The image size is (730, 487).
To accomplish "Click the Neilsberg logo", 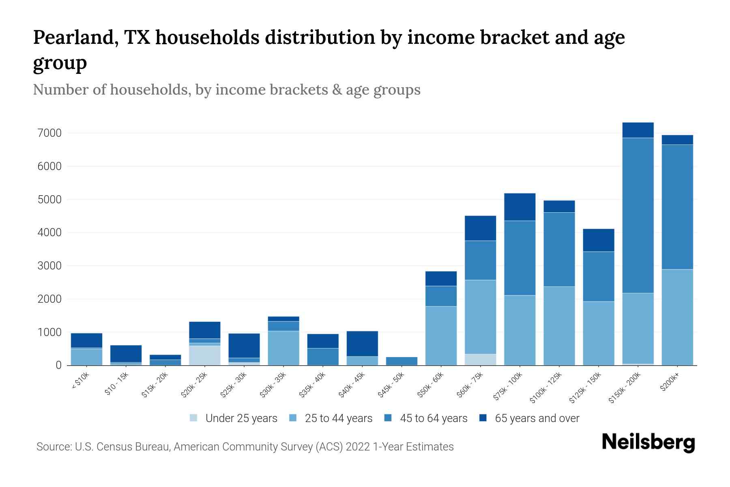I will (648, 442).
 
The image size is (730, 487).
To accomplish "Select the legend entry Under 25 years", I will (241, 418).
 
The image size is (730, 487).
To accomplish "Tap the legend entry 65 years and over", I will (537, 418).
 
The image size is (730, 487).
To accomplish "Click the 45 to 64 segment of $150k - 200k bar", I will (638, 215).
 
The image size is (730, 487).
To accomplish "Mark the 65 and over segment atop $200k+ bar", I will (677, 140).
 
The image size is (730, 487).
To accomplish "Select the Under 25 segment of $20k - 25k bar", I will (204, 355).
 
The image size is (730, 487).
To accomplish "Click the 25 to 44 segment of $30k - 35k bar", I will (283, 348).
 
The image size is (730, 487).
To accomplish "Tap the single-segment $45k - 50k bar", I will (401, 361).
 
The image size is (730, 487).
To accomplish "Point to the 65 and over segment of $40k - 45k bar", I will (362, 343).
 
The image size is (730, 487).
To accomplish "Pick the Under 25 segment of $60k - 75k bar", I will (480, 360).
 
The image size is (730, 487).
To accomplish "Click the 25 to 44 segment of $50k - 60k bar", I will (441, 336).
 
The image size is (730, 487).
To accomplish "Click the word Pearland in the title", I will (76, 38).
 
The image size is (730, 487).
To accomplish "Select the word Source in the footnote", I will (54, 447).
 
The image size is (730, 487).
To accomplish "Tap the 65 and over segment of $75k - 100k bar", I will (520, 207).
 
